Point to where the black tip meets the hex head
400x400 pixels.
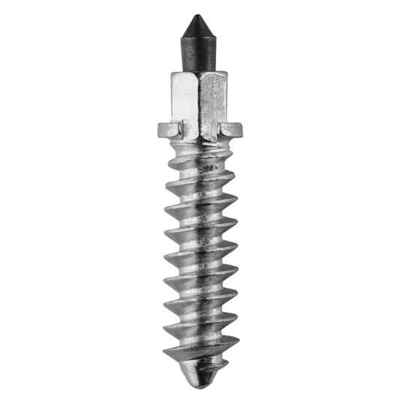point(199,72)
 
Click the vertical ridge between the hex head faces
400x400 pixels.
point(199,101)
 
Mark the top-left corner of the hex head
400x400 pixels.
point(172,74)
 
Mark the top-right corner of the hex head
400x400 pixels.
point(227,73)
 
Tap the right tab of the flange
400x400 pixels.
point(232,129)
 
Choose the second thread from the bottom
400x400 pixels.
point(201,328)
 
